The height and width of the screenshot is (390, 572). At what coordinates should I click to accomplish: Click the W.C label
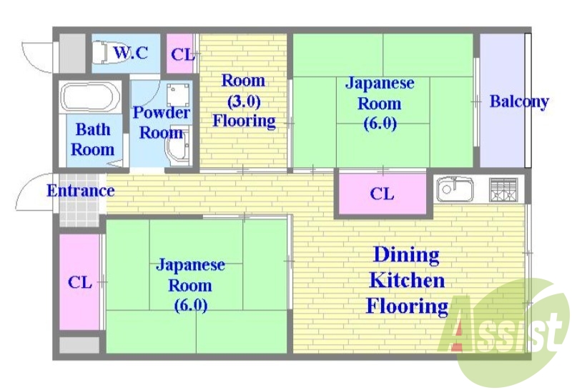point(131,52)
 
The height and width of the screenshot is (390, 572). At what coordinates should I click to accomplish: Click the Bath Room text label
point(93,139)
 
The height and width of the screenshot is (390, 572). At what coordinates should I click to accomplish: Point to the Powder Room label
point(162,122)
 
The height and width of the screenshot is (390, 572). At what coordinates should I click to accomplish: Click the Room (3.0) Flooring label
point(244,101)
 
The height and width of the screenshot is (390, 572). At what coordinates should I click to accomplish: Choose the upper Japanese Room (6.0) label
point(380,103)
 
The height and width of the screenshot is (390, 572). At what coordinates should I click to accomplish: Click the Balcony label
point(518,101)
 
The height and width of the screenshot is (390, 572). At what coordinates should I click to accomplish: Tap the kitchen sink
point(455,189)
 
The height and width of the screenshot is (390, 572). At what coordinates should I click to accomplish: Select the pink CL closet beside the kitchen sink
point(383,194)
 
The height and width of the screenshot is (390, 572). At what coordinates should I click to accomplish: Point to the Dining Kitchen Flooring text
point(407,280)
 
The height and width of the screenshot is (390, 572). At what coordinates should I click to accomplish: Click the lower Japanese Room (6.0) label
point(190,285)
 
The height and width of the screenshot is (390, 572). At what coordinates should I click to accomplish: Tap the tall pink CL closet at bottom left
point(79,282)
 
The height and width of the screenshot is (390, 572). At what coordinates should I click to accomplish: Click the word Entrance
point(80,191)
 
